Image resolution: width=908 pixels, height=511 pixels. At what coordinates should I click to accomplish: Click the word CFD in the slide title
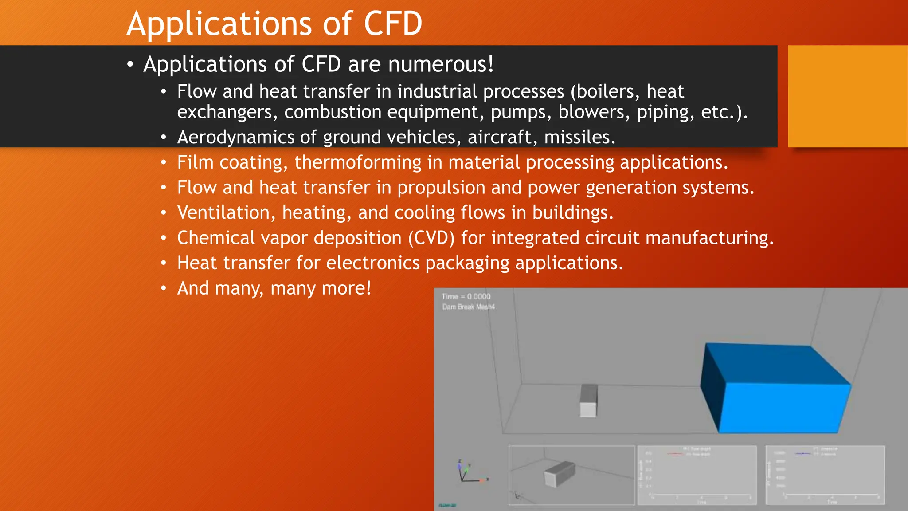[393, 24]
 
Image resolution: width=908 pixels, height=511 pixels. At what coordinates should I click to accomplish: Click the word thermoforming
[357, 162]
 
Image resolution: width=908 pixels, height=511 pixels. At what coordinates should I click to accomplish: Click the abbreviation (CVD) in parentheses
[431, 238]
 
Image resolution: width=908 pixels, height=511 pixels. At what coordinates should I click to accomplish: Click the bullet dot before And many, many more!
[164, 289]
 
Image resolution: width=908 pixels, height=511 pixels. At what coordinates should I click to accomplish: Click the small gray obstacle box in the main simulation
[588, 401]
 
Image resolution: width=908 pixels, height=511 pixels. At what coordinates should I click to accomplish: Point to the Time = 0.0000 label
[466, 296]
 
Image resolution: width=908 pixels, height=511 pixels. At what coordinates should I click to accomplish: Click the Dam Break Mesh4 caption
[468, 307]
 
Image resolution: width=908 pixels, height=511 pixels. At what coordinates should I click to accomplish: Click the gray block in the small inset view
[559, 474]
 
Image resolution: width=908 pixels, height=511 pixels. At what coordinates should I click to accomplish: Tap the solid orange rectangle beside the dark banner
[847, 96]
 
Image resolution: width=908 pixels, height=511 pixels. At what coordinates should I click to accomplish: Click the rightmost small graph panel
[825, 475]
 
